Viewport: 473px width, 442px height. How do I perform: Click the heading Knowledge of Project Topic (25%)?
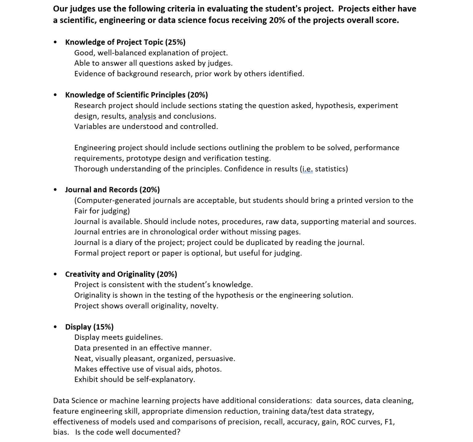[125, 42]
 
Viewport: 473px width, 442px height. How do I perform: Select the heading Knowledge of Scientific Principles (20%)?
[136, 95]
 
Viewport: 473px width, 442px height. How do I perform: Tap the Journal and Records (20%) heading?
[112, 190]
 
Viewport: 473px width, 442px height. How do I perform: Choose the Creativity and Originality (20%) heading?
[121, 274]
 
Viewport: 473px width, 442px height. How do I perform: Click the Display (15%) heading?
[89, 327]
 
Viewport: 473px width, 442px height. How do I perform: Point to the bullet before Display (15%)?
[55, 327]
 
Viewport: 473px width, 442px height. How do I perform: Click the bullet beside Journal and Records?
[55, 190]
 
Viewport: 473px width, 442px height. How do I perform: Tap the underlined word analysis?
[142, 116]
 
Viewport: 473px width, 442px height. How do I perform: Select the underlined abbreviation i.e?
[307, 169]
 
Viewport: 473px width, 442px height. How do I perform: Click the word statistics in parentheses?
[331, 169]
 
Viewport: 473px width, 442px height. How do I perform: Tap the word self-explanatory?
[166, 379]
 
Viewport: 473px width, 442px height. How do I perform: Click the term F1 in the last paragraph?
[389, 422]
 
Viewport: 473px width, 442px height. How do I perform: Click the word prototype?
[144, 158]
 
